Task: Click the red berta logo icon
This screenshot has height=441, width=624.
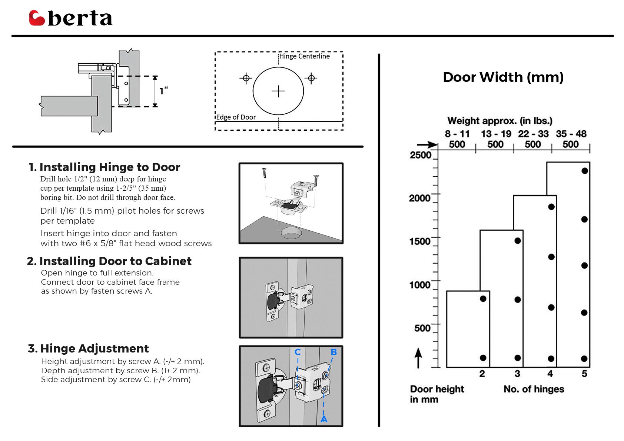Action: [37, 18]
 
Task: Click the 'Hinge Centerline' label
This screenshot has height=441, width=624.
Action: [305, 56]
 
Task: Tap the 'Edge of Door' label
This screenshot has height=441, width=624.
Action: [236, 117]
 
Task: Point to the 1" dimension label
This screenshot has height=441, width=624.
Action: [164, 90]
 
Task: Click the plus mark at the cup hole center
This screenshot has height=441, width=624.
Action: [278, 91]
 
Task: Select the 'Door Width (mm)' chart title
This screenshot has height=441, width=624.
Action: [503, 77]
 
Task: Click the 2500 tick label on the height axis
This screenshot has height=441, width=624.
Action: [420, 155]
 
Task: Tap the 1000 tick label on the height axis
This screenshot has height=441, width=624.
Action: [420, 285]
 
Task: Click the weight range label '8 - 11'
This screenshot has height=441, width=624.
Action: [457, 134]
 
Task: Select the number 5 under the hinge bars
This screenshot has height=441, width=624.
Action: [584, 374]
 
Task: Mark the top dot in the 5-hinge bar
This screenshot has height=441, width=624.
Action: [585, 171]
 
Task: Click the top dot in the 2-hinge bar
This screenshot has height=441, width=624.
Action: [483, 299]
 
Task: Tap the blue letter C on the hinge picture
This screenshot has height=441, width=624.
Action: [298, 352]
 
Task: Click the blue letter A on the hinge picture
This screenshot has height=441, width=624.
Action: [324, 419]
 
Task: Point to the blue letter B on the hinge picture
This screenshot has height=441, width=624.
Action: [334, 352]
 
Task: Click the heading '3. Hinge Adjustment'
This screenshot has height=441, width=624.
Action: [88, 348]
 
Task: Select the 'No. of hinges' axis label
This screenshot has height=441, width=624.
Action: [534, 389]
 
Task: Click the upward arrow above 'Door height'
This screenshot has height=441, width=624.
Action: [418, 358]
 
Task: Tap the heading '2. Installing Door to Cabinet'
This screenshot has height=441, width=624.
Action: [109, 261]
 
